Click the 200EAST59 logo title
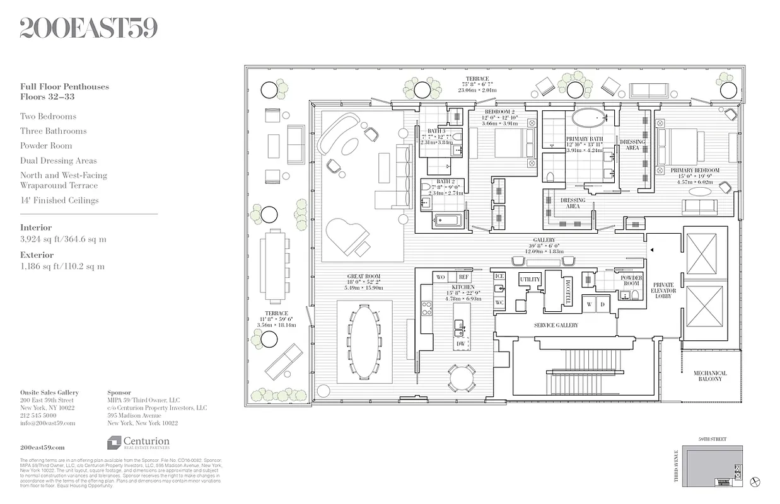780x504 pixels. pos(88,28)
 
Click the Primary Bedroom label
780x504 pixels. pos(695,171)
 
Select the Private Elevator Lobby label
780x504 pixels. pos(663,290)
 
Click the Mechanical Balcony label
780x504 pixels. pos(710,376)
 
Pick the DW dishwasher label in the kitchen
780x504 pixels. pos(461,344)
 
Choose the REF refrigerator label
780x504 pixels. pos(463,277)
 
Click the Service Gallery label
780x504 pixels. pos(556,325)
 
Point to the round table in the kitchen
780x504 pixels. pos(462,377)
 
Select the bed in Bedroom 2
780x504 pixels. pos(511,144)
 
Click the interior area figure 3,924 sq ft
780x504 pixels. pos(63,239)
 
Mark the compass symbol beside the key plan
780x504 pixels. pos(756,482)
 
